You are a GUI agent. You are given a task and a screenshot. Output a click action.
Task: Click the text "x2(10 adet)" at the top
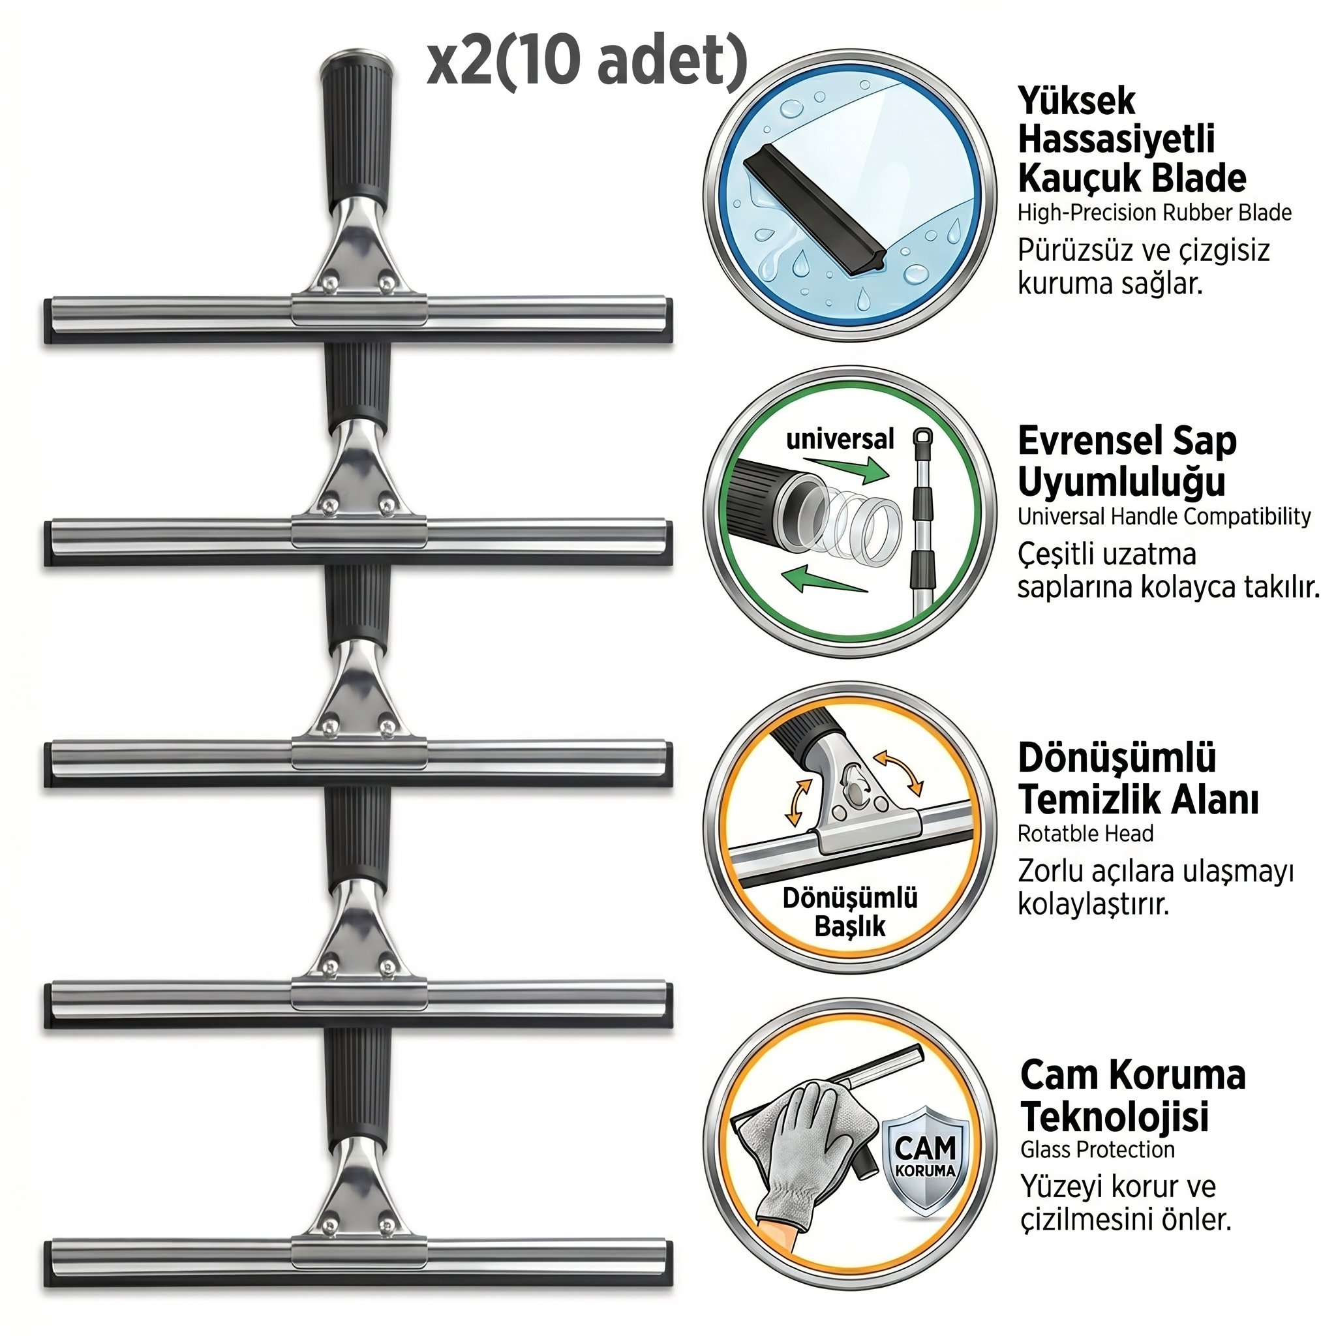click(x=587, y=62)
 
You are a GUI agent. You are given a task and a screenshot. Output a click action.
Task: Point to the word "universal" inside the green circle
click(x=840, y=439)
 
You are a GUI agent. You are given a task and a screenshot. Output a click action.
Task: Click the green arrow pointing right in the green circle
click(x=848, y=467)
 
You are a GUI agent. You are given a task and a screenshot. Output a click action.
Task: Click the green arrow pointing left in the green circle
click(x=827, y=579)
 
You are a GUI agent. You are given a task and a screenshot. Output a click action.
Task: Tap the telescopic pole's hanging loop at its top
click(x=922, y=440)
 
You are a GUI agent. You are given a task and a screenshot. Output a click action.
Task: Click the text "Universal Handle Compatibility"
click(x=1164, y=517)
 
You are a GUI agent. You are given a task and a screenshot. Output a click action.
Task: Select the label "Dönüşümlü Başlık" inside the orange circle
click(x=850, y=911)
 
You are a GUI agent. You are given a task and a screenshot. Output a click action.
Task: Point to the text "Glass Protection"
click(x=1097, y=1150)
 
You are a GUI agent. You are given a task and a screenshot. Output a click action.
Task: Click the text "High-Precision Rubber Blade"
click(x=1154, y=212)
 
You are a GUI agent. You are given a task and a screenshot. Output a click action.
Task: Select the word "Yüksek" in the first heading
click(x=1076, y=101)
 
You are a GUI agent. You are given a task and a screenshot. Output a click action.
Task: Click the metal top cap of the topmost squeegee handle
click(x=357, y=55)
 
